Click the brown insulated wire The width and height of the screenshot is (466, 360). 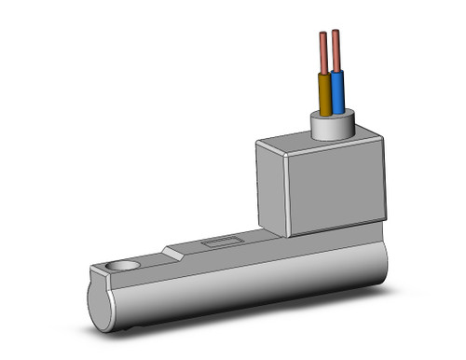(x=325, y=94)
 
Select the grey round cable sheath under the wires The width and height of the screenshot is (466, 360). (x=333, y=126)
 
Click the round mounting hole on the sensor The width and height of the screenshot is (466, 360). (x=120, y=267)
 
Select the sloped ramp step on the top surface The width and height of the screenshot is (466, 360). (x=171, y=252)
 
